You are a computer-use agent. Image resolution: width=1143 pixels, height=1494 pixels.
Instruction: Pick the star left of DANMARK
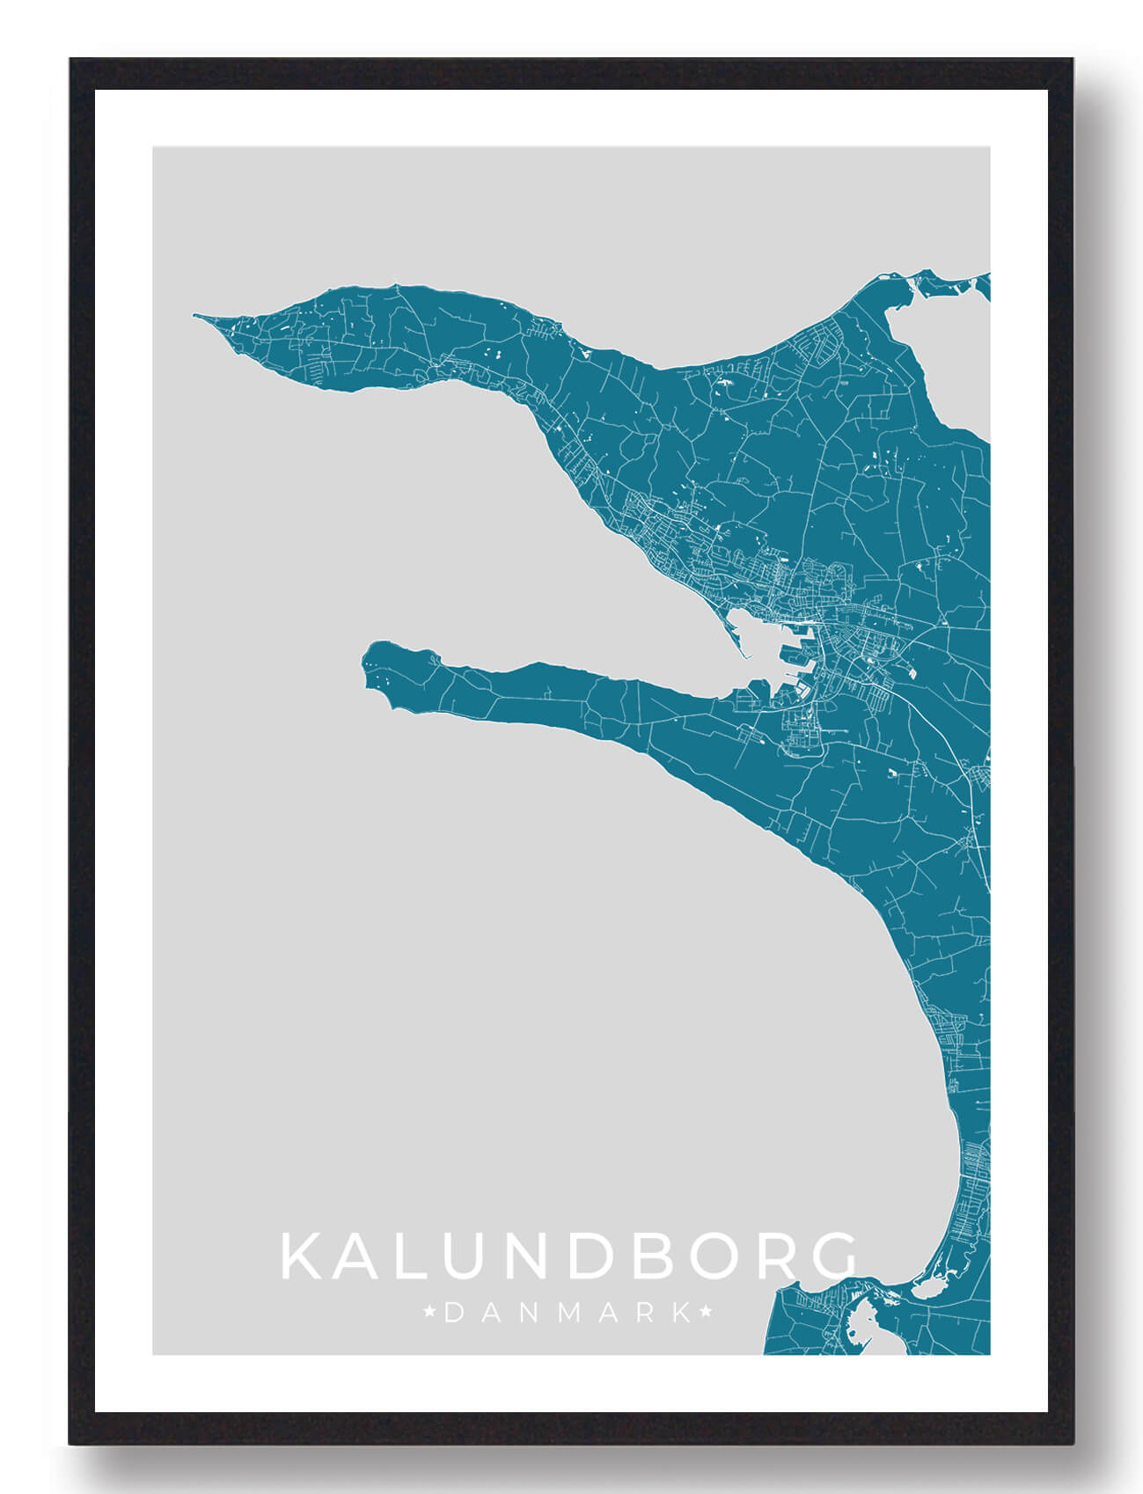(429, 1314)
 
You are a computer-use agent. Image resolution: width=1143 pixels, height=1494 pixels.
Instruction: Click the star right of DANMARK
(706, 1314)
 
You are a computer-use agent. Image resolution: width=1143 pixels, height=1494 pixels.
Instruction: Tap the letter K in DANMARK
(681, 1314)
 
